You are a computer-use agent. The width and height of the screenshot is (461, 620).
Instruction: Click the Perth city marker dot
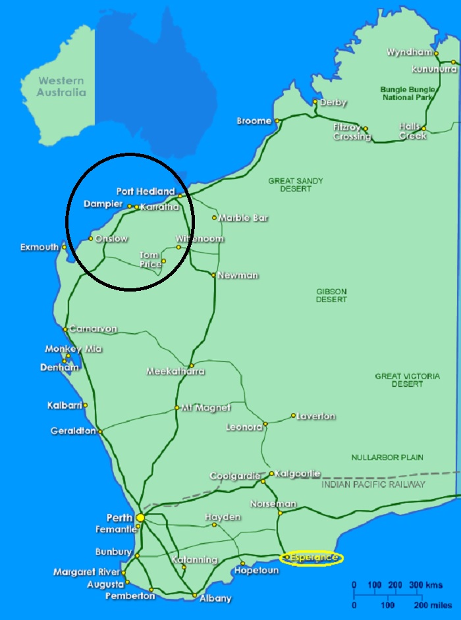click(140, 517)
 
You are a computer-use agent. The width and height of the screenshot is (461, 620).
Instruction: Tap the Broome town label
click(254, 121)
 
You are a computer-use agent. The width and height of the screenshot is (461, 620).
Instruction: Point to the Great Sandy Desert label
click(296, 186)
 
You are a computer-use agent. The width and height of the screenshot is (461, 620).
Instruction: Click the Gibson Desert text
click(331, 295)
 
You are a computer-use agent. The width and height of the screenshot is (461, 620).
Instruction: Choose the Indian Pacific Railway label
click(373, 484)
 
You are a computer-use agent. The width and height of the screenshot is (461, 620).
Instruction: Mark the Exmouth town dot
click(64, 247)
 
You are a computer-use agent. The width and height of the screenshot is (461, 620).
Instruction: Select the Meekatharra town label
click(175, 371)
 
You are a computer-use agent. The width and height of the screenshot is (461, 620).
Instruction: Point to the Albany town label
click(215, 598)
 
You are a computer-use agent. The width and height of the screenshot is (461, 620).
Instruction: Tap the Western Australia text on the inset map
click(61, 86)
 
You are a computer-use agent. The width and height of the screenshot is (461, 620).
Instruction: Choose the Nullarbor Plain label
click(387, 457)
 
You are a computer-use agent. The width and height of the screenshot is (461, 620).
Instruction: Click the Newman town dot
click(213, 275)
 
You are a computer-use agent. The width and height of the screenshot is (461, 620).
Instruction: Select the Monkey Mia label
click(73, 349)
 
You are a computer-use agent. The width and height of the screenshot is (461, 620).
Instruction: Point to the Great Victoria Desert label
click(407, 380)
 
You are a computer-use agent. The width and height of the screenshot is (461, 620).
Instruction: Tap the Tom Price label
click(150, 259)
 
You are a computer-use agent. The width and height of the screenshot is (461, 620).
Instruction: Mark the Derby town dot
click(315, 102)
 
